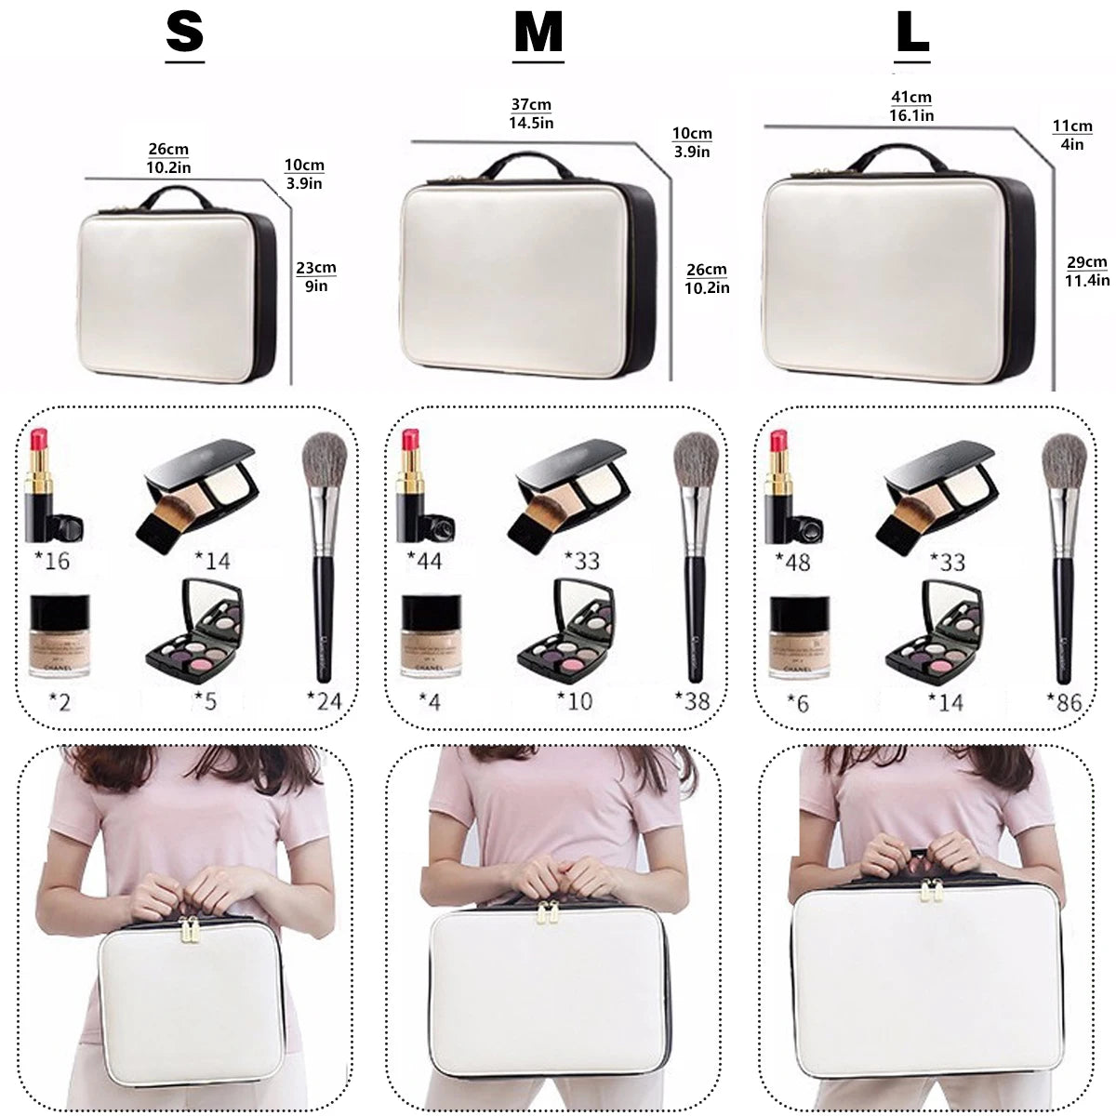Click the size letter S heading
184,33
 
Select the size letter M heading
538,33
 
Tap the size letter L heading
912,33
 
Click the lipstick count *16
51,561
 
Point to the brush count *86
1064,702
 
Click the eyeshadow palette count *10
574,700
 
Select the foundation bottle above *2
53,635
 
